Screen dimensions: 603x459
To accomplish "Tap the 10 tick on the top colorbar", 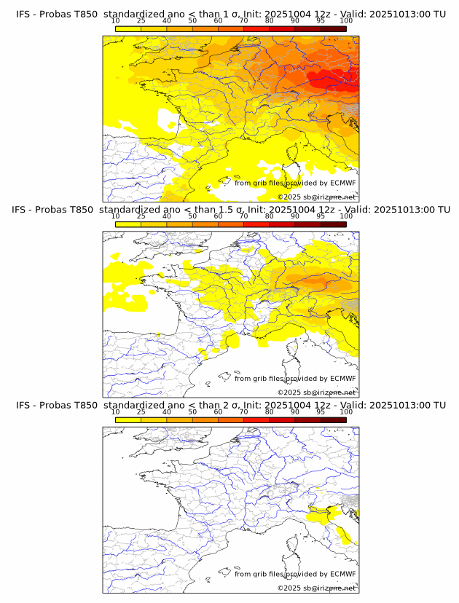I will point(116,20).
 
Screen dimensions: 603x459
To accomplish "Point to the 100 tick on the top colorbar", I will point(346,20).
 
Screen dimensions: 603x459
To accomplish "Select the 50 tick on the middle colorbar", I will point(192,216).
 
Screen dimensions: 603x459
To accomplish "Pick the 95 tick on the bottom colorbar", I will point(321,411).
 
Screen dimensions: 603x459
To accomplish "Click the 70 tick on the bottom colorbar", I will point(244,411).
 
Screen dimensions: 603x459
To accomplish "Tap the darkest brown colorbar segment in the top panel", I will point(333,28).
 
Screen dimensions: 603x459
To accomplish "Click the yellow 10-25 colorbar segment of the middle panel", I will point(128,224).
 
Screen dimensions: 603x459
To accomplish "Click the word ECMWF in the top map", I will point(342,183).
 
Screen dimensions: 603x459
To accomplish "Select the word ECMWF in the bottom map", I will point(342,574).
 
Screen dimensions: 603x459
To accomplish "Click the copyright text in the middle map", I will point(317,392).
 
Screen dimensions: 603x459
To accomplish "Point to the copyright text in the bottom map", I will point(317,588).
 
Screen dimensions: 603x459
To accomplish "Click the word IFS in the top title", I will point(23,14).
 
